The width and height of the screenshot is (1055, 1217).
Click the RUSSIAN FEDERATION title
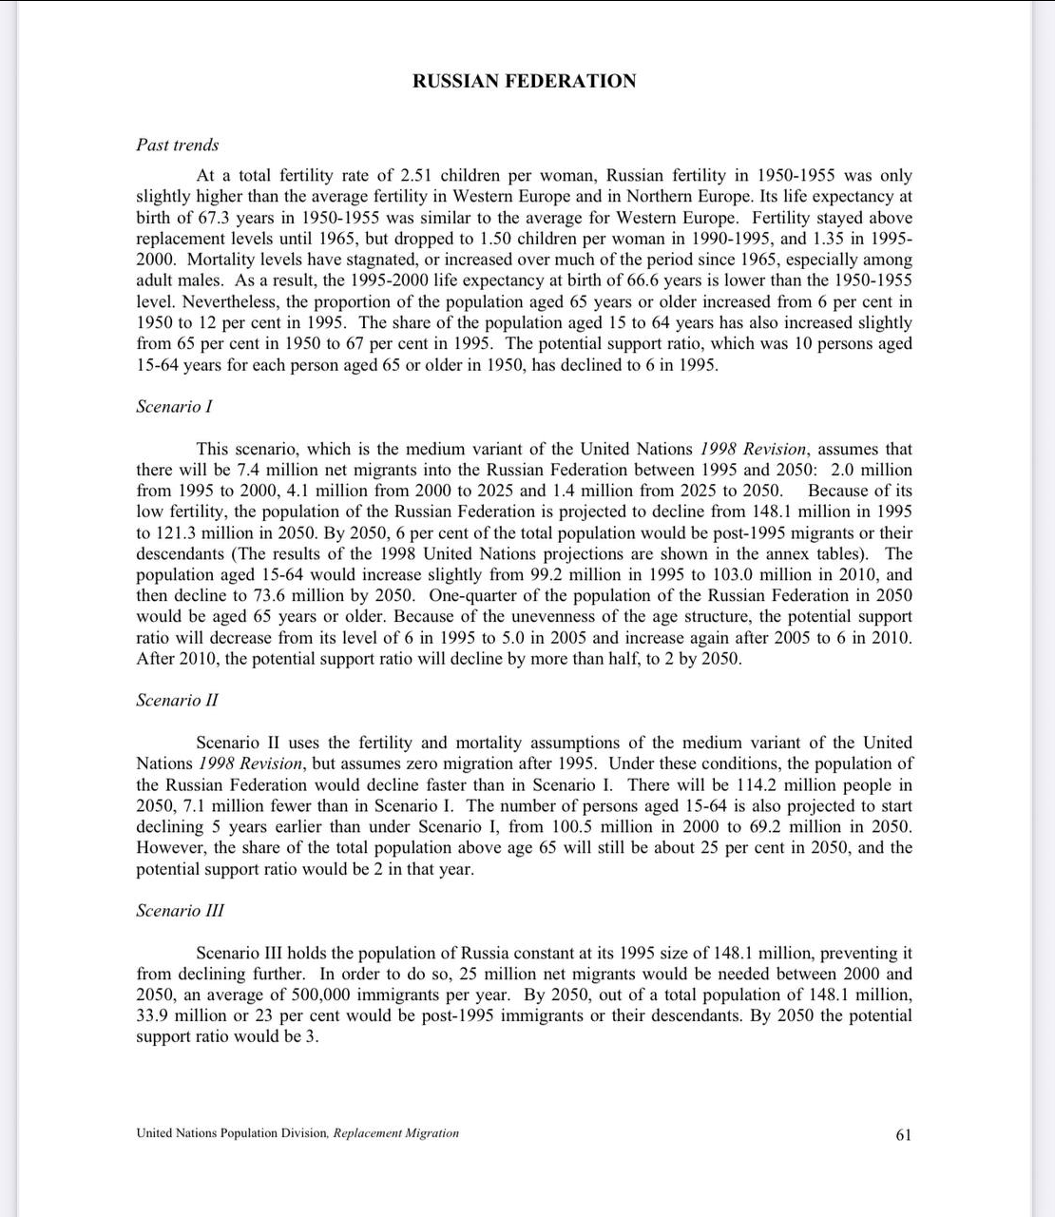click(x=524, y=82)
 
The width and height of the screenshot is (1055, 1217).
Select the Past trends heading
click(x=177, y=145)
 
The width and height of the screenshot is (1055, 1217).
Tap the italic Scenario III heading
click(x=180, y=911)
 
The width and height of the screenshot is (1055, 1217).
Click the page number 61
click(x=903, y=1134)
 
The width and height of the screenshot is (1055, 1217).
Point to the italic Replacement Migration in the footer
click(x=395, y=1133)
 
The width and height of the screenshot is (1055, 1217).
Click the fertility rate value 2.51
click(x=417, y=176)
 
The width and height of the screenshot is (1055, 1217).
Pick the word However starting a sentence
click(x=171, y=848)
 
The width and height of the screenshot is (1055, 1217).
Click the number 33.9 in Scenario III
click(x=157, y=1015)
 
